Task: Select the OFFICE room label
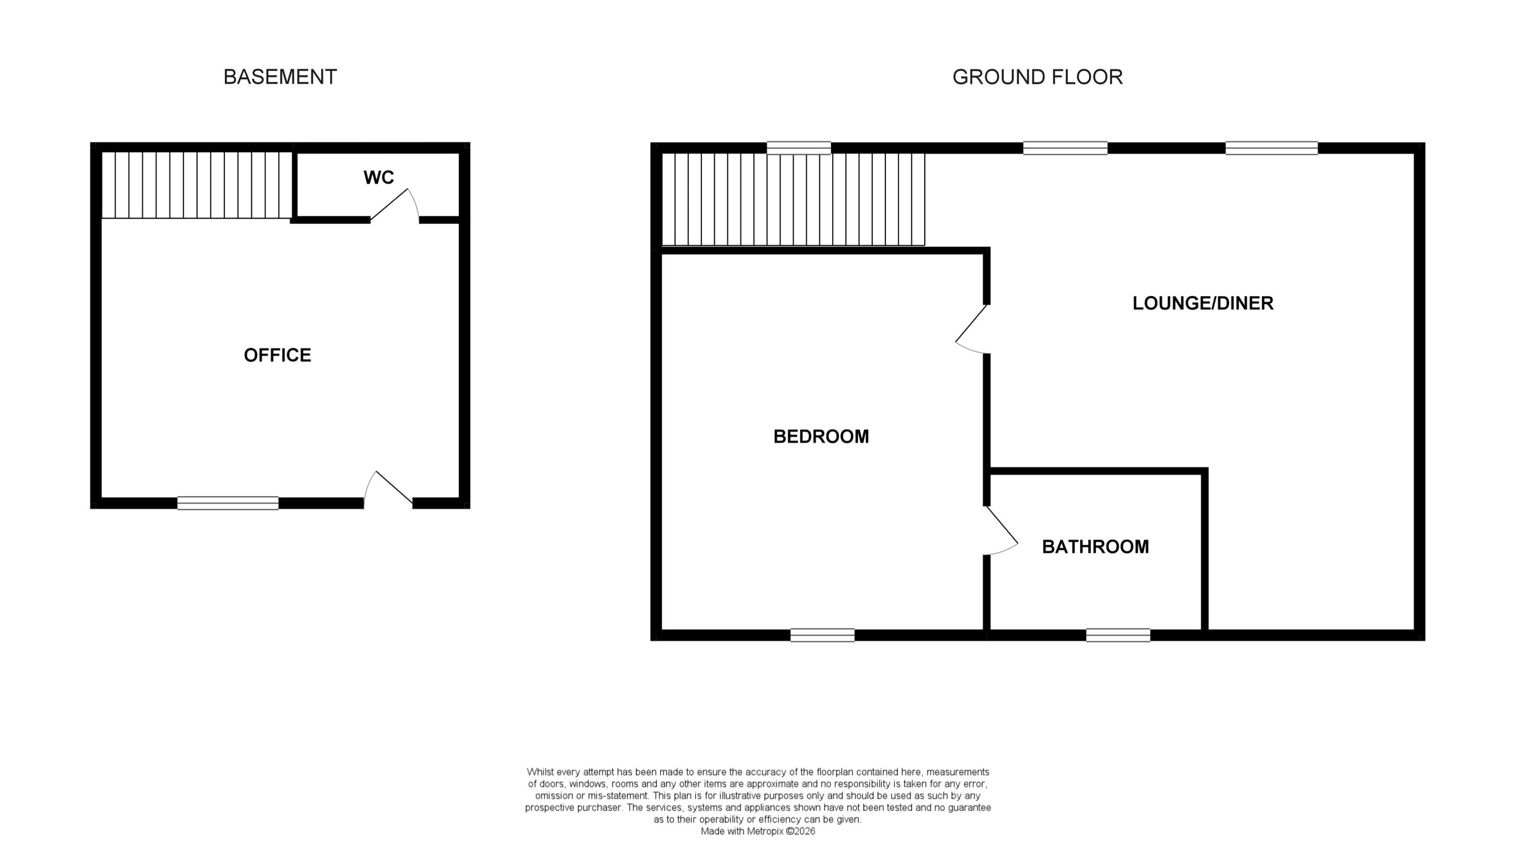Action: point(277,355)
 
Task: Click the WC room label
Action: point(378,177)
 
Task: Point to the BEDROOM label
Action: point(820,436)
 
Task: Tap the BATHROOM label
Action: point(1095,546)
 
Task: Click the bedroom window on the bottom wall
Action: point(822,635)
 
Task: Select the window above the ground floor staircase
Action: point(798,148)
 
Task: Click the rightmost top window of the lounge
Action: point(1271,148)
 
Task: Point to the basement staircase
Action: point(197,185)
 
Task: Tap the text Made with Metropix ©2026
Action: point(757,831)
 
